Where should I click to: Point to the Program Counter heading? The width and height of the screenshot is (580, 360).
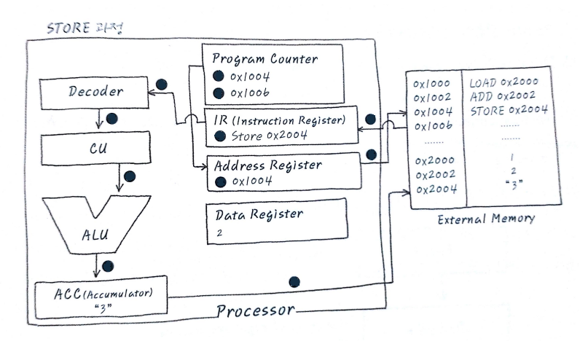(x=264, y=58)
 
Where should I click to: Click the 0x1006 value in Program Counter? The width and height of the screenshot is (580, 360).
(x=251, y=93)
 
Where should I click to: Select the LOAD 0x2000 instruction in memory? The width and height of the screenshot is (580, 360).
(x=503, y=82)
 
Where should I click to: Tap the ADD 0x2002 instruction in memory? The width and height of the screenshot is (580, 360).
(x=503, y=96)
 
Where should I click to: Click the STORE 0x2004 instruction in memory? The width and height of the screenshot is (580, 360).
(x=509, y=111)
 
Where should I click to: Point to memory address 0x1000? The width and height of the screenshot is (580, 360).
(x=432, y=83)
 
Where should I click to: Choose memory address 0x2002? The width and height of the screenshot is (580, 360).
(x=434, y=175)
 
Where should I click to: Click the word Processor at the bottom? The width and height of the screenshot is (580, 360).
(x=255, y=311)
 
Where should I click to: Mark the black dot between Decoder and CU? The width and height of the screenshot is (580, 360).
(x=112, y=118)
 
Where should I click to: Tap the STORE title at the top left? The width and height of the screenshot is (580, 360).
(x=85, y=30)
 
